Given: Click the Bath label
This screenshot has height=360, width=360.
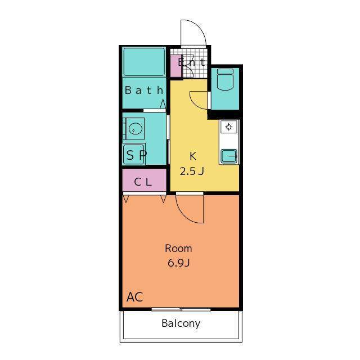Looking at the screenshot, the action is [144, 90].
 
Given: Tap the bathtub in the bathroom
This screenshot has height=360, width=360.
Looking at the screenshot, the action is [144, 61].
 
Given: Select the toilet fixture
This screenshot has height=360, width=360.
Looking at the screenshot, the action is [225, 79].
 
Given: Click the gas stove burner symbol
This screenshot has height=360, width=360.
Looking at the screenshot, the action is [229, 127].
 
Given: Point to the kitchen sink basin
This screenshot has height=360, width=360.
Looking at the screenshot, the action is [229, 156].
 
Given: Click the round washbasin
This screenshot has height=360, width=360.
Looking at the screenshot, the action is [136, 129].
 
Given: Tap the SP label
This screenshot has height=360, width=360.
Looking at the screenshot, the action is [136, 155].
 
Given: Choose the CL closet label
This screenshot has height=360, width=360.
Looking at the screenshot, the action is [143, 182].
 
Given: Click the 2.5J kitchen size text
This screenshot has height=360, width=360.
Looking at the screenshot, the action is [192, 171].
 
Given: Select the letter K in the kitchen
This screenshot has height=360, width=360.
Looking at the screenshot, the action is [193, 156].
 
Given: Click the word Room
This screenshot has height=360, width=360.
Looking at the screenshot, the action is [178, 249].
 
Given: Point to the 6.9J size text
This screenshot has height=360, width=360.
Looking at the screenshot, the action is [179, 263].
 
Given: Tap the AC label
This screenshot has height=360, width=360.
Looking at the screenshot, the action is [135, 297].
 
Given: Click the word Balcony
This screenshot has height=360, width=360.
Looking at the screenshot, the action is [181, 323].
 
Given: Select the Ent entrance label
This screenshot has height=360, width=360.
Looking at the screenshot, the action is [191, 62].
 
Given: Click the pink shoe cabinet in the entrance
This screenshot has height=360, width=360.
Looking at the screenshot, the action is [176, 66].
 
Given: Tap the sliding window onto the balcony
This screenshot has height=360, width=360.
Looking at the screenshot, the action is [181, 309].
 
